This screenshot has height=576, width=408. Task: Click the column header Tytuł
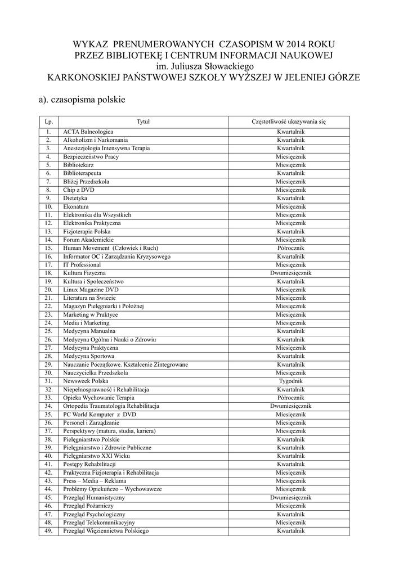click(x=144, y=121)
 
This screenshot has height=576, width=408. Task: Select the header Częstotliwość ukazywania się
click(x=289, y=121)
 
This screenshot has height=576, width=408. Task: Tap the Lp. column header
click(x=49, y=121)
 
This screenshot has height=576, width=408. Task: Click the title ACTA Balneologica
click(x=88, y=132)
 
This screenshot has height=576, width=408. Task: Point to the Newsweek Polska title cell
click(x=86, y=381)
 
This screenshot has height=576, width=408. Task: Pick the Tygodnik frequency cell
click(x=290, y=381)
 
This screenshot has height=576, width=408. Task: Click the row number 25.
click(x=49, y=331)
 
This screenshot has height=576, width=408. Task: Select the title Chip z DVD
click(x=79, y=190)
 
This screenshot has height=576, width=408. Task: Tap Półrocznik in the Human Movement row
click(x=290, y=248)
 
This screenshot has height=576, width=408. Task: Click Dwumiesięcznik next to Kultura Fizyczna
click(x=290, y=273)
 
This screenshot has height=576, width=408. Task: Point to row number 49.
click(x=49, y=531)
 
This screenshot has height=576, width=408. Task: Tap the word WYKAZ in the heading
click(x=93, y=43)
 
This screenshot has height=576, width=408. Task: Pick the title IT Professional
click(x=82, y=265)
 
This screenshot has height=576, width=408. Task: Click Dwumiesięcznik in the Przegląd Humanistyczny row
click(x=290, y=497)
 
